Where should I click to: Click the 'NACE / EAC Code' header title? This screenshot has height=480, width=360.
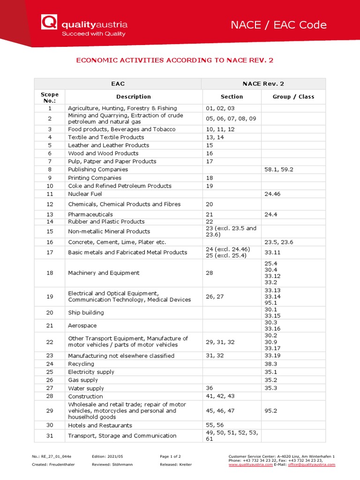pyautogui.click(x=278, y=25)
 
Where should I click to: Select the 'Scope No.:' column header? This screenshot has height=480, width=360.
pyautogui.click(x=49, y=97)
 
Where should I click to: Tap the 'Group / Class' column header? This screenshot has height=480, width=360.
pyautogui.click(x=293, y=97)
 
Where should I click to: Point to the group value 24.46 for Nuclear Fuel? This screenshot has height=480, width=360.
pyautogui.click(x=272, y=194)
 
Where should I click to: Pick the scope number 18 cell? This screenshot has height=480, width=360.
pyautogui.click(x=50, y=273)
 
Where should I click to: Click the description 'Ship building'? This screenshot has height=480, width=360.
pyautogui.click(x=86, y=312)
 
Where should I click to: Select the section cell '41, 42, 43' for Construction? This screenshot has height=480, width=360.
pyautogui.click(x=220, y=396)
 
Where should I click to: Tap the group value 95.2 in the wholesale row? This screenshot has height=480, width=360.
pyautogui.click(x=271, y=411)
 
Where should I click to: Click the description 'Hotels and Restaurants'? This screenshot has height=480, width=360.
pyautogui.click(x=100, y=425)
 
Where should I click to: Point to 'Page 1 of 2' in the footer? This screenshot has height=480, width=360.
pyautogui.click(x=171, y=456)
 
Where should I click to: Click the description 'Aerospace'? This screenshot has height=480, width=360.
pyautogui.click(x=82, y=325)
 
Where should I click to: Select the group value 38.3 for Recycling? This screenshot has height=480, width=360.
pyautogui.click(x=271, y=364)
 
